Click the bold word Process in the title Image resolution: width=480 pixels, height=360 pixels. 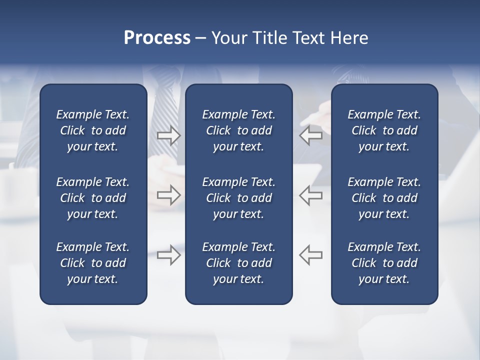click(157, 38)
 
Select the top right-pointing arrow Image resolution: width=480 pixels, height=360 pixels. click(168, 135)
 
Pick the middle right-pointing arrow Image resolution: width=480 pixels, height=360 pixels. click(168, 195)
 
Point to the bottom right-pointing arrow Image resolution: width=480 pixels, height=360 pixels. click(168, 255)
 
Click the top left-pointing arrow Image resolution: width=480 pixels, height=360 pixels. click(310, 135)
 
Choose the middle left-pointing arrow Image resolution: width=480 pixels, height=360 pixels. click(310, 195)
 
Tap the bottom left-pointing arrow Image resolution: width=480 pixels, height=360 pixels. click(310, 255)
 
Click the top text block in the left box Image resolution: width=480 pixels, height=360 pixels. click(93, 130)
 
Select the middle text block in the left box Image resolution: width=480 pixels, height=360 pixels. click(93, 198)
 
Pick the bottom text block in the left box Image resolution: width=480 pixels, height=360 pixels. click(93, 263)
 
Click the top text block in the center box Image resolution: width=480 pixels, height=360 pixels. click(238, 130)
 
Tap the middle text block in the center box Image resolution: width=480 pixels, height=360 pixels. click(238, 198)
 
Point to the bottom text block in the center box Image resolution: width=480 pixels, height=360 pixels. click(238, 263)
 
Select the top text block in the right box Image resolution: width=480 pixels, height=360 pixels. click(384, 130)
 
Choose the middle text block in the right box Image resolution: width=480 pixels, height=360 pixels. click(384, 198)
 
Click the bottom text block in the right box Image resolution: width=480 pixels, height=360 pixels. click(384, 263)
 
